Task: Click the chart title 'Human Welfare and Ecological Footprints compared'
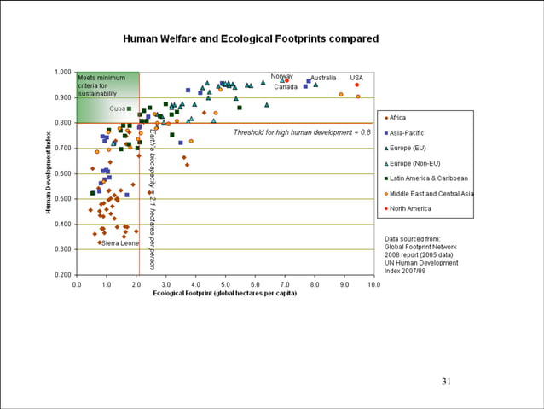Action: (x=251, y=39)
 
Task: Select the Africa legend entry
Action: (x=408, y=118)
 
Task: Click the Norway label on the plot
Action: (x=282, y=77)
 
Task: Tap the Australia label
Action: (x=323, y=78)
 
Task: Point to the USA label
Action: (x=356, y=78)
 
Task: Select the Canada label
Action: (x=286, y=87)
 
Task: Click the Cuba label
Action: (x=117, y=108)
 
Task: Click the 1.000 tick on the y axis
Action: (x=62, y=72)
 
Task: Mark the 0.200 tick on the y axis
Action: (x=62, y=275)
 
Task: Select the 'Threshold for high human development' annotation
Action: (x=302, y=132)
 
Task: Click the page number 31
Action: (x=445, y=381)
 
